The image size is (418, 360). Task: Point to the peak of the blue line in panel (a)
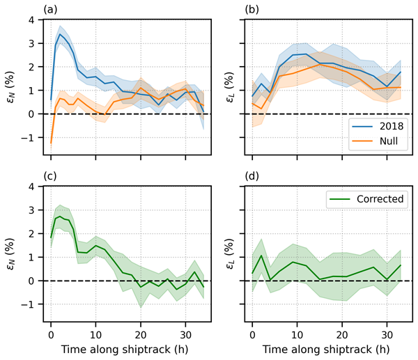click(x=60, y=34)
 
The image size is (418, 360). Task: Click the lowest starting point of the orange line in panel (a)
click(x=51, y=143)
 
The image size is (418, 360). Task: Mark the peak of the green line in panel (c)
click(x=60, y=217)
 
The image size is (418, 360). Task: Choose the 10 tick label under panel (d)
click(x=297, y=329)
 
